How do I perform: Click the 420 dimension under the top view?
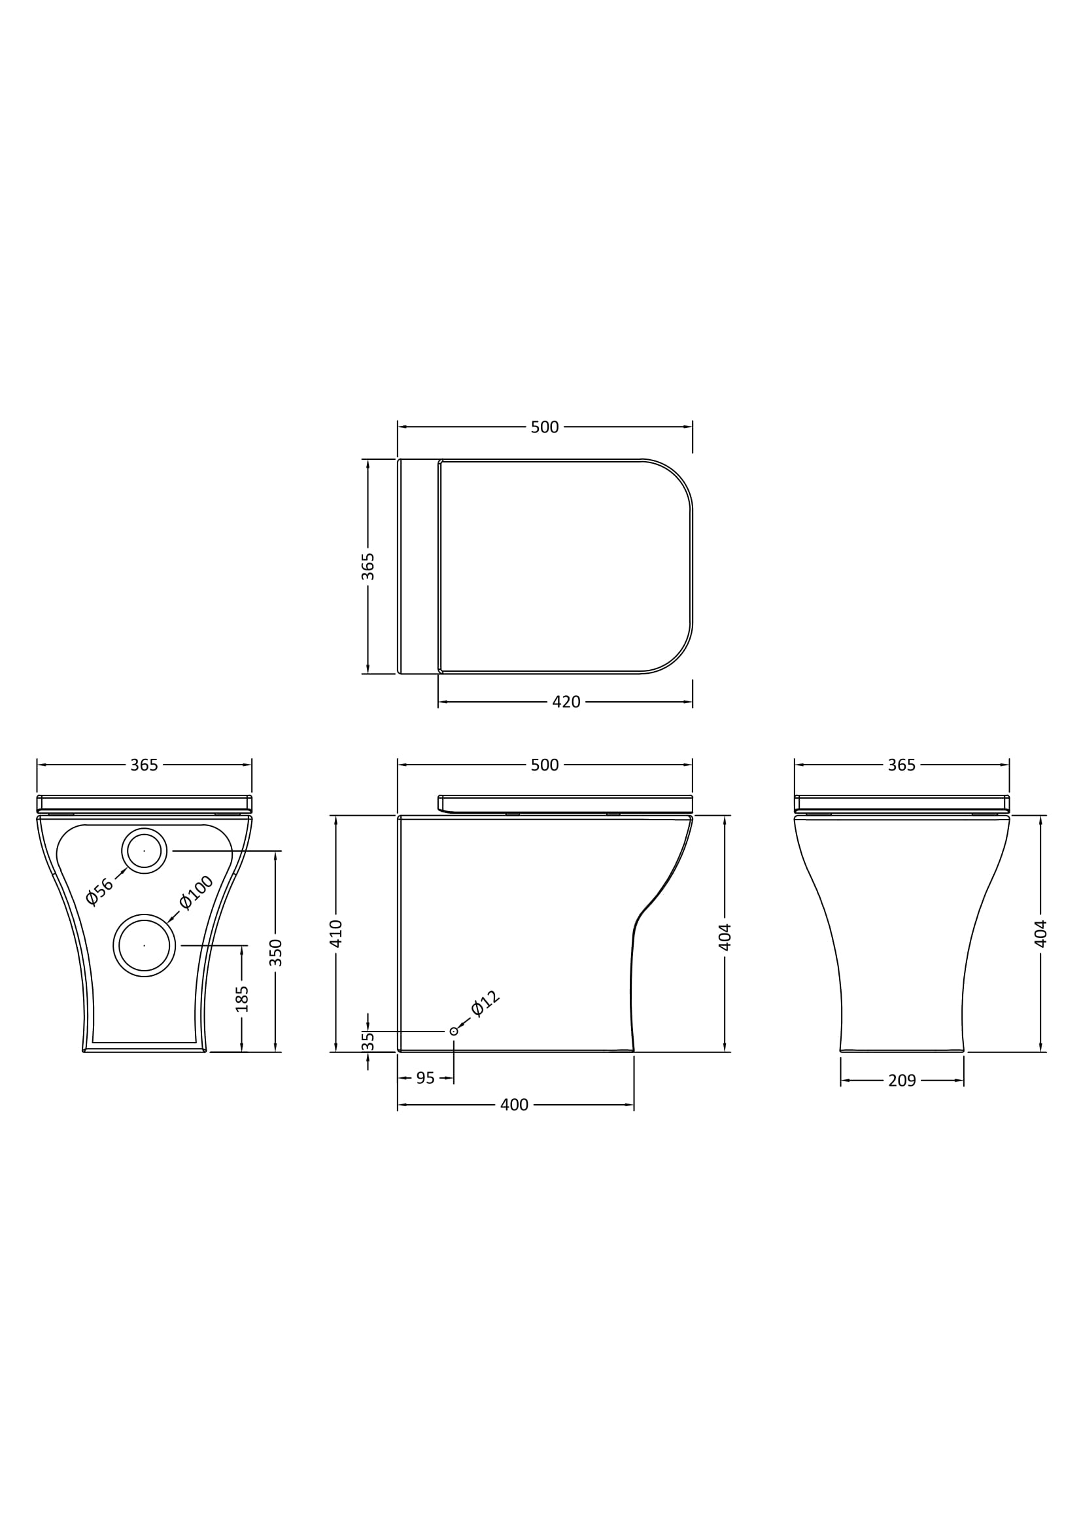[x=566, y=702]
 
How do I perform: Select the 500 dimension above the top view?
[x=544, y=427]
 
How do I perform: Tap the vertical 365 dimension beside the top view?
[x=368, y=566]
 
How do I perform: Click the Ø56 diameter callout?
[x=100, y=892]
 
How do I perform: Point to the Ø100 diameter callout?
[x=196, y=892]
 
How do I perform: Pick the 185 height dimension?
[x=243, y=999]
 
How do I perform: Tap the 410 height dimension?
[x=336, y=933]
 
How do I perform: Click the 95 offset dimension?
[x=425, y=1078]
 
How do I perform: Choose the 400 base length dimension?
[x=513, y=1105]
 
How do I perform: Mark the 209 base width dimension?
[x=902, y=1081]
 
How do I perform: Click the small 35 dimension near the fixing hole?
[x=368, y=1041]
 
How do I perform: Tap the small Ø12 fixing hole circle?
[x=454, y=1032]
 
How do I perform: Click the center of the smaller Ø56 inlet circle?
[x=144, y=851]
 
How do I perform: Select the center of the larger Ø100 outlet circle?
[x=144, y=945]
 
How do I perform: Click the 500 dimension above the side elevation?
[x=544, y=765]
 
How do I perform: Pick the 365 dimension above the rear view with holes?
[x=144, y=765]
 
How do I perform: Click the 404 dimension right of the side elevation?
[x=725, y=936]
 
